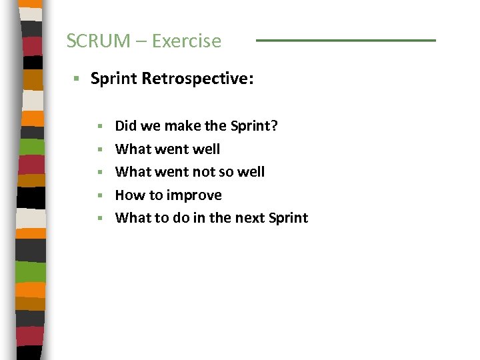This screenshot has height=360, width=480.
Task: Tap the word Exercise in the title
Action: click(x=186, y=41)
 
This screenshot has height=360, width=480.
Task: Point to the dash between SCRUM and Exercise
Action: click(x=143, y=41)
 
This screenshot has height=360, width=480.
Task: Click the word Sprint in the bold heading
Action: click(x=113, y=79)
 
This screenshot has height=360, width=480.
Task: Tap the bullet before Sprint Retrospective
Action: click(x=77, y=79)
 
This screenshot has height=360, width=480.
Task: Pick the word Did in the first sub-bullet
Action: click(x=126, y=125)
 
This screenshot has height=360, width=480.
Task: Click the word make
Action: click(x=181, y=125)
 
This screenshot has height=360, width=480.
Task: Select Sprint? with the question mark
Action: click(x=254, y=125)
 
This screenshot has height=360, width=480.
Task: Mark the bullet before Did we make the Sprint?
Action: click(x=100, y=126)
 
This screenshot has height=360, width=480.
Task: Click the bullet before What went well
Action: click(x=100, y=149)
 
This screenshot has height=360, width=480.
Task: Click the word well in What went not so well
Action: click(x=251, y=172)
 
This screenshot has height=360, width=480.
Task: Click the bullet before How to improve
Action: click(x=100, y=195)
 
